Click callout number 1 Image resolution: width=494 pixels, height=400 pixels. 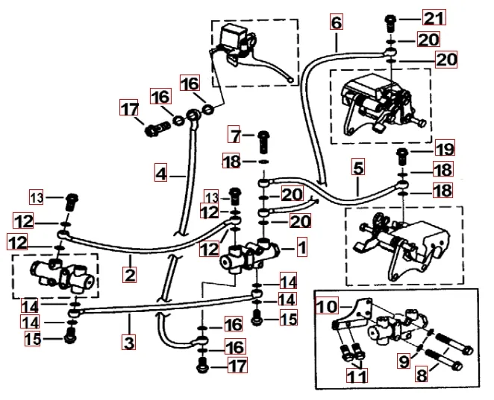point(301,245)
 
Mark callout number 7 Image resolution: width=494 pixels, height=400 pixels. point(237,136)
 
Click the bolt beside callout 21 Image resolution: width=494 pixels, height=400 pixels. point(392,19)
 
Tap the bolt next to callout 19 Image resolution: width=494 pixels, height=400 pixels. point(403,155)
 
